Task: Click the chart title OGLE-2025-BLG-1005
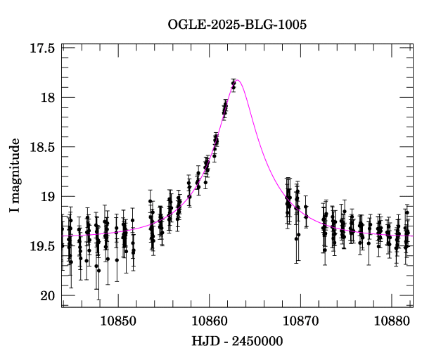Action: click(x=237, y=25)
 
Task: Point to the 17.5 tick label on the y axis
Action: click(x=42, y=49)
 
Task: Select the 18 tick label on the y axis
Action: click(x=48, y=98)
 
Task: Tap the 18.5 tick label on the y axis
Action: click(x=42, y=147)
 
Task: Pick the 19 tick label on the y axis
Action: click(x=48, y=197)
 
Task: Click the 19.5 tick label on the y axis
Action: click(x=42, y=246)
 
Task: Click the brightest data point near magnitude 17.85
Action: click(x=233, y=84)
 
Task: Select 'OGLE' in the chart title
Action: click(x=185, y=25)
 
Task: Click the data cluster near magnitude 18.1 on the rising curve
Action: click(x=224, y=108)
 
